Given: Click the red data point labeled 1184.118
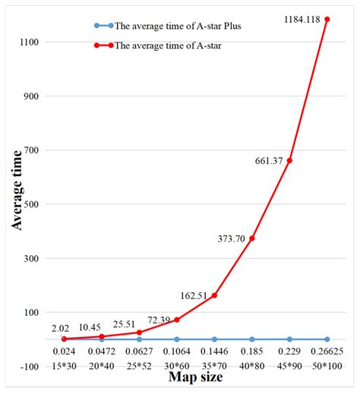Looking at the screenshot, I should coord(327,19).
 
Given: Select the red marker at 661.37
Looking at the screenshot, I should coord(289,160).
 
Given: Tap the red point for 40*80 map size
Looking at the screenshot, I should coord(252,238).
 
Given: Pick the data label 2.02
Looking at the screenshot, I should coord(61,328).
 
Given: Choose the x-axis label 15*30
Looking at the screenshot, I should coord(64,367).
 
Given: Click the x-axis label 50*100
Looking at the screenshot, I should coord(327,367).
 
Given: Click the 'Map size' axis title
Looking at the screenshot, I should coord(195,380).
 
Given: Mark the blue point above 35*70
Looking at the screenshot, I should coord(214,339).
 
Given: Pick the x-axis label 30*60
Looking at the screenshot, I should coord(177,367).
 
